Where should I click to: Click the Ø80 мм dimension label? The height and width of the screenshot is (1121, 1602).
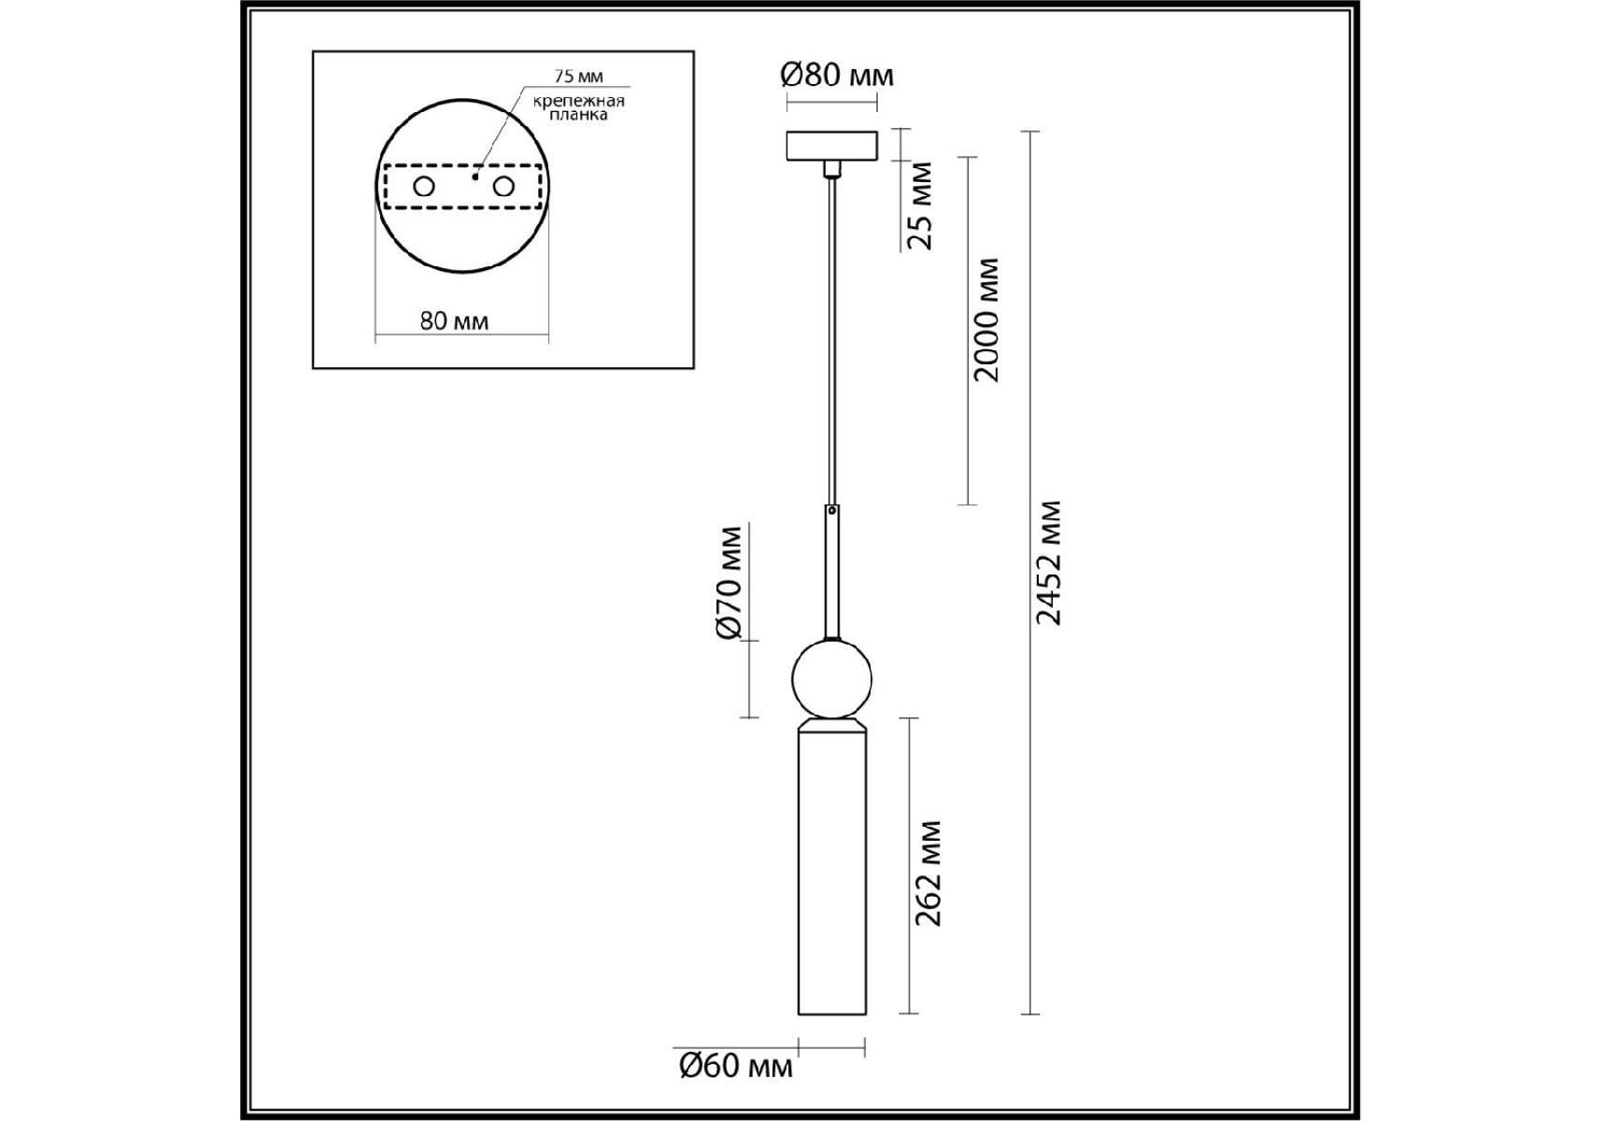[837, 75]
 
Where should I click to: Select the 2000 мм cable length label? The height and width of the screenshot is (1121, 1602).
[986, 319]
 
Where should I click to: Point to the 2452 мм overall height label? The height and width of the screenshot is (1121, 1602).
[1049, 562]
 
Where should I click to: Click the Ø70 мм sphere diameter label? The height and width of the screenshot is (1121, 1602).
[729, 584]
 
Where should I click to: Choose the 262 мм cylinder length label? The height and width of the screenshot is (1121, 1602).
[928, 873]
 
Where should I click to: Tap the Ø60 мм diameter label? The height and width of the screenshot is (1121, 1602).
[736, 1066]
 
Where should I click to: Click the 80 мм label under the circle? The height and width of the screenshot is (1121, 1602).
[454, 321]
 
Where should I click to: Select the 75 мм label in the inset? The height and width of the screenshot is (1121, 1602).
[578, 77]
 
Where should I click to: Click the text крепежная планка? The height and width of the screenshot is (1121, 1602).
[579, 107]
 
